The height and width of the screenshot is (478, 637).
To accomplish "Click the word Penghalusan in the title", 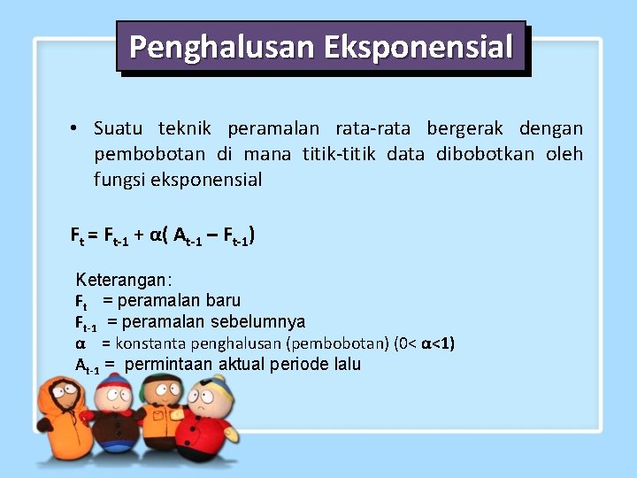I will coord(223,47).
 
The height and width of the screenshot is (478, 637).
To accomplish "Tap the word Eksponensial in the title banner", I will coord(418,47).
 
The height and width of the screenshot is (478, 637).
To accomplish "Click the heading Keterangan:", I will coord(124,281).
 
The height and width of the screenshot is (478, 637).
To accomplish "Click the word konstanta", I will coord(146,343).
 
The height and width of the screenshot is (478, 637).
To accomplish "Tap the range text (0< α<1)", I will coord(424,343).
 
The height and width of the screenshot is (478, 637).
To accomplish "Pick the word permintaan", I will coord(165,365).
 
